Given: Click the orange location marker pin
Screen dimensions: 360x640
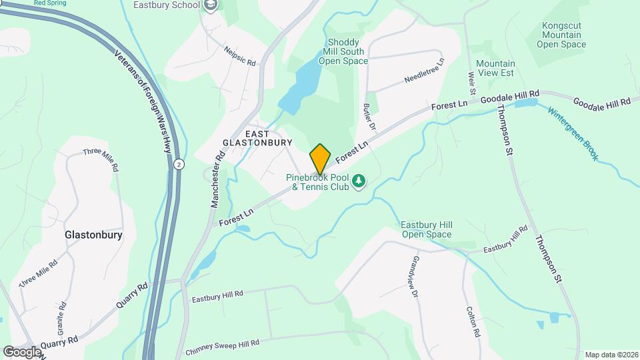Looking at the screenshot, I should point(320,159).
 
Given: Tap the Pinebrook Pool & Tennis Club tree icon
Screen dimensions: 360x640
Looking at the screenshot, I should point(359,181).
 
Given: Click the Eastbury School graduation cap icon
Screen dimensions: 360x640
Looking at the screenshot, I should point(211,6).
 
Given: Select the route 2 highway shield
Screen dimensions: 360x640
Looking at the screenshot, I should point(179,164).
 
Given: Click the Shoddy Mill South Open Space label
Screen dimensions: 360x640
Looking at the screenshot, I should point(343,51).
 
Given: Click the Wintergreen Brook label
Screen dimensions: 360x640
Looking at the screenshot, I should point(573,133).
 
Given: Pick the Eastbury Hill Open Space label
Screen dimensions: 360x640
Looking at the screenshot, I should point(427,229).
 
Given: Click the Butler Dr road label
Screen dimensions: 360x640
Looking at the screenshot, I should point(370,117).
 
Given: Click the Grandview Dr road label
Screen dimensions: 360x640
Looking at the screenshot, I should point(415,275).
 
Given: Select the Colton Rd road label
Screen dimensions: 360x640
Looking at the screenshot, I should point(473,321).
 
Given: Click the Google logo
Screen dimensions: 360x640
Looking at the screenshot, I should point(22,351).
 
